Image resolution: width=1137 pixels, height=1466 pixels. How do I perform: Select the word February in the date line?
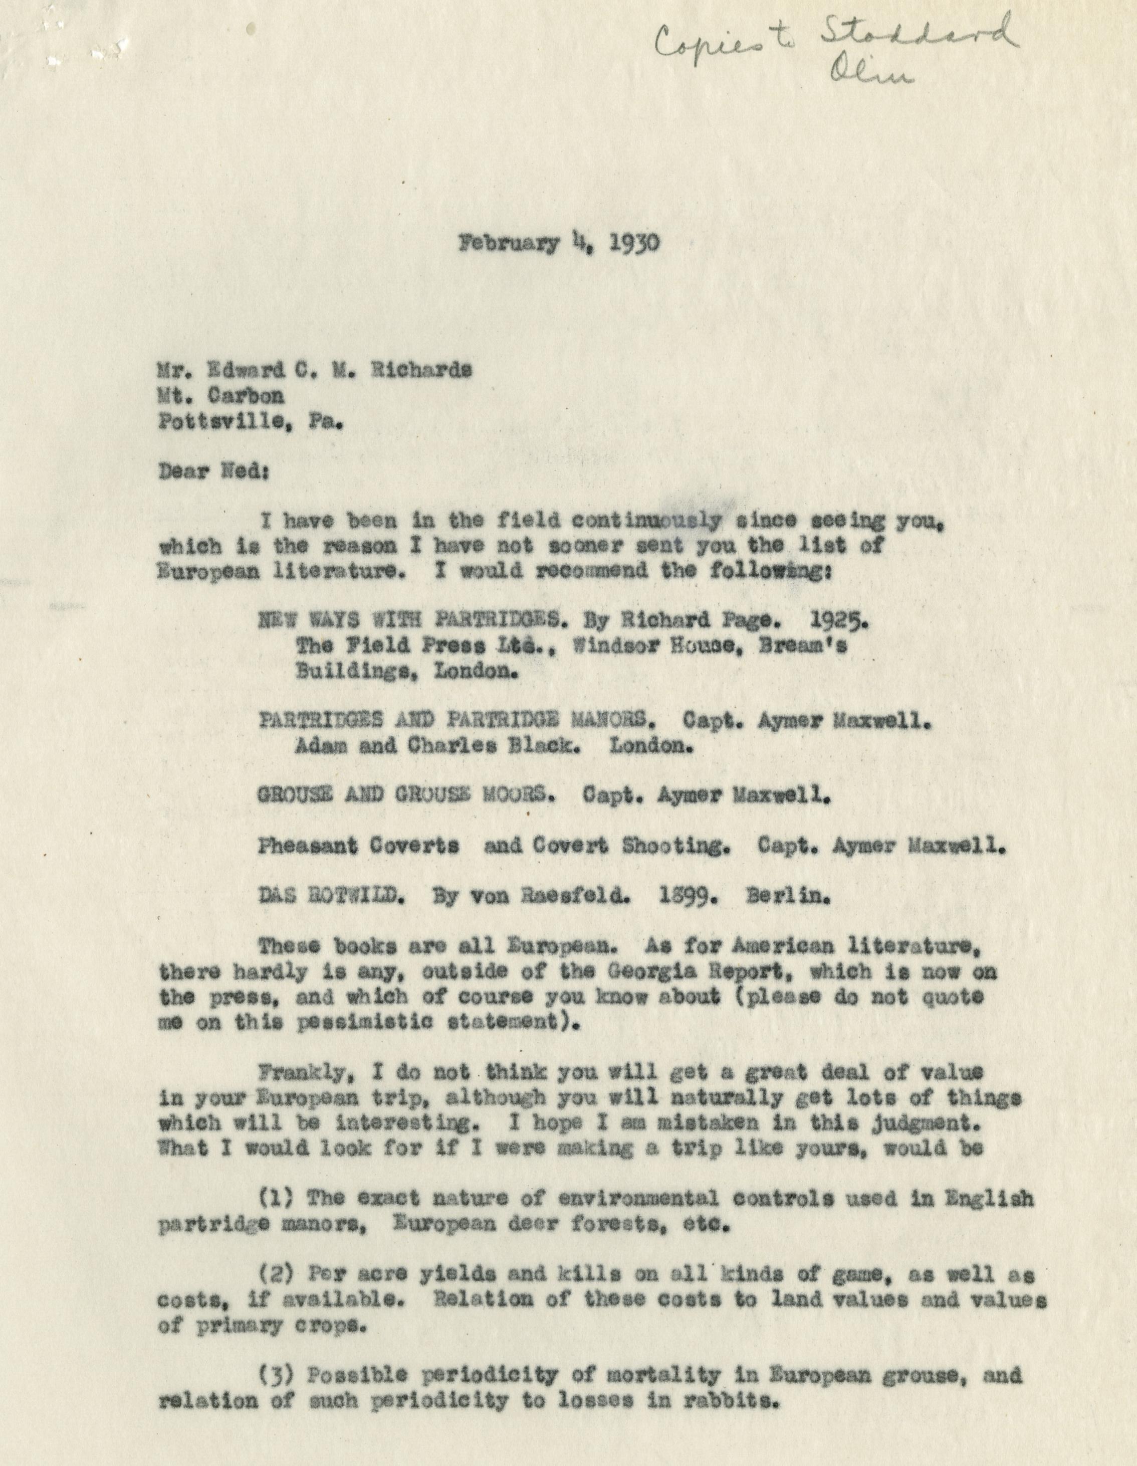(509, 244)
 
